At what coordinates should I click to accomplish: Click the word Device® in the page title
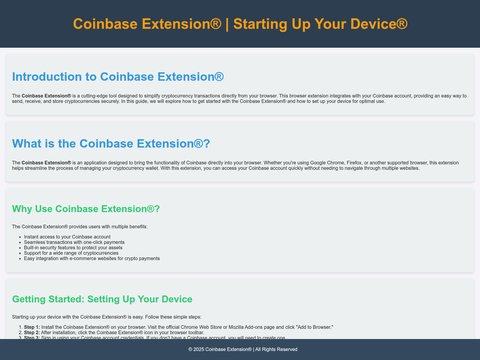pos(379,24)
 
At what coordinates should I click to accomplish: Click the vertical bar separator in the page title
pos(227,25)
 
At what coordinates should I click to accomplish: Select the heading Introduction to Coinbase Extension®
pos(118,77)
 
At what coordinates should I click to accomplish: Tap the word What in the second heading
pos(27,144)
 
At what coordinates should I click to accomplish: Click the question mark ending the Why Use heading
pos(157,209)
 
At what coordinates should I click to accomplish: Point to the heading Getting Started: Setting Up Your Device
pos(102,299)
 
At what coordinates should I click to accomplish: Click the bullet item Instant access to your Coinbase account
pos(67,237)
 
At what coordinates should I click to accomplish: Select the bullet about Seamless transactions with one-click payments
pos(74,242)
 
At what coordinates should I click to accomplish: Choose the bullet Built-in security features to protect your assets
pos(73,248)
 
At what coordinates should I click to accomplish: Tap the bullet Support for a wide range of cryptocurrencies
pos(71,253)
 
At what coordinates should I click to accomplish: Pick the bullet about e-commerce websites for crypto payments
pos(92,258)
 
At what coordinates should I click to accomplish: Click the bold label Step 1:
pos(32,327)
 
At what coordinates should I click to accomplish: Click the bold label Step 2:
pos(32,332)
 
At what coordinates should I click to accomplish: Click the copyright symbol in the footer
pos(190,349)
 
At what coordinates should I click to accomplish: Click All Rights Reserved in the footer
pos(276,349)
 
